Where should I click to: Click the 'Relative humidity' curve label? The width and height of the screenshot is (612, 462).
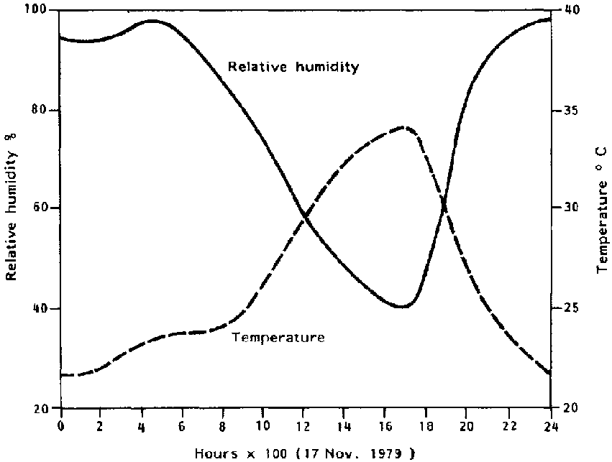[293, 67]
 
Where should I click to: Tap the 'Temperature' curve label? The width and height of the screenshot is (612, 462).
[278, 336]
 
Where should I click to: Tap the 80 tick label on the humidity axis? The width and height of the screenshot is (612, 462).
[40, 111]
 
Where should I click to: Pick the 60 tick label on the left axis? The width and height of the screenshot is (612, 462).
[40, 208]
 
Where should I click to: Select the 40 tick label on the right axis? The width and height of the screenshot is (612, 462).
[568, 11]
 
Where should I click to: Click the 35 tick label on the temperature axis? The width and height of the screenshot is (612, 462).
[568, 111]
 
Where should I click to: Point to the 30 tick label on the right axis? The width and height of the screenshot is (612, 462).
[568, 208]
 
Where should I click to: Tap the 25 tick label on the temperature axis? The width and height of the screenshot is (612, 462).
[568, 308]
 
